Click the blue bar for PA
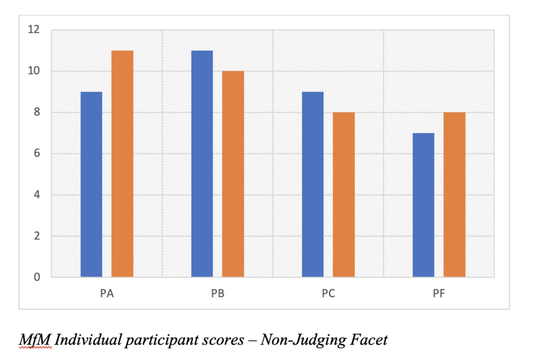(x=91, y=184)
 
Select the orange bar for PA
(x=122, y=163)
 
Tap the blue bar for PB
(x=202, y=163)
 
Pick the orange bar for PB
(x=233, y=174)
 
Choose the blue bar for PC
(x=313, y=184)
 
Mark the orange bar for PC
(x=343, y=195)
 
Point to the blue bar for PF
(x=423, y=205)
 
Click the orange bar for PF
(x=454, y=195)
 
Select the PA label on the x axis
(x=107, y=294)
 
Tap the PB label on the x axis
(x=217, y=294)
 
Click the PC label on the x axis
(x=328, y=294)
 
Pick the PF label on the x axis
(x=439, y=294)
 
